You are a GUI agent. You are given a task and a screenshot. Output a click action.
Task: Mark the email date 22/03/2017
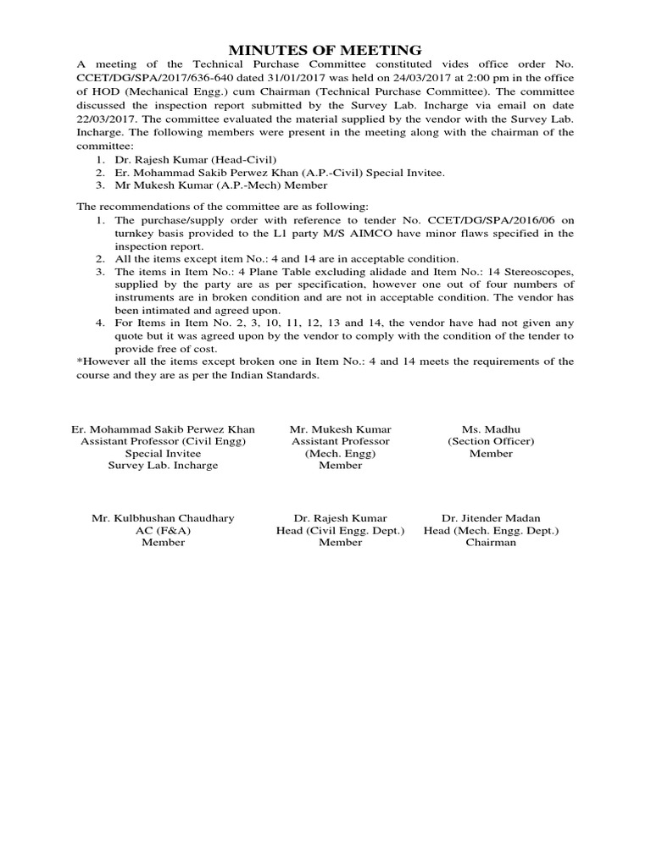point(107,119)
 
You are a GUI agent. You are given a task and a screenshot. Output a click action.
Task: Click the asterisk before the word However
point(79,362)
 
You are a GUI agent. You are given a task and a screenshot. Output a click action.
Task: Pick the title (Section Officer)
point(491,441)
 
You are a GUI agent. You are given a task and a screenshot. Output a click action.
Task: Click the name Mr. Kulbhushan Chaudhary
point(163,518)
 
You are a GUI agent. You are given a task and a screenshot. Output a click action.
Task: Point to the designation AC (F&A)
point(163,530)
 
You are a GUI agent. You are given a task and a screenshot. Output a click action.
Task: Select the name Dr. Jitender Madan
point(491,518)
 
